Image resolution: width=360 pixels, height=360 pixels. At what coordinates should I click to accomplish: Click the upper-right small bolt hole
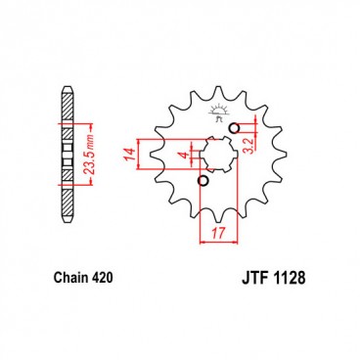click(x=234, y=128)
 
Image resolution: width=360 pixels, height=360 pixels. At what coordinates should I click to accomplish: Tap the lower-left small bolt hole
click(x=202, y=180)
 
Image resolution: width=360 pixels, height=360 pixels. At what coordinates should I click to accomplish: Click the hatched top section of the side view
click(x=67, y=108)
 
